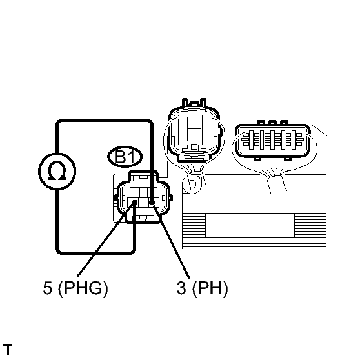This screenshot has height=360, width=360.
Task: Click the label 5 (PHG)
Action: [75, 288]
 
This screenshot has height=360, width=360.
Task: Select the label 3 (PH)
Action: [203, 288]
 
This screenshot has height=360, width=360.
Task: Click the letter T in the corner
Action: [8, 350]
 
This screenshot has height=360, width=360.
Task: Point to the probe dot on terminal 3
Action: [152, 203]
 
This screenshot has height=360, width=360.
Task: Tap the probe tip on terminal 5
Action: [135, 203]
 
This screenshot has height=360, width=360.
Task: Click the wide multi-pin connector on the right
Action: [272, 141]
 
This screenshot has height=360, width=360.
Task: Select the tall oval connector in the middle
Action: [194, 131]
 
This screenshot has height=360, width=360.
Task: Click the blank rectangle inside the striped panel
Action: [250, 225]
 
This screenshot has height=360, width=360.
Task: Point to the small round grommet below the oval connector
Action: [192, 184]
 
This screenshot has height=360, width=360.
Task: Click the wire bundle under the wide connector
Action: [275, 183]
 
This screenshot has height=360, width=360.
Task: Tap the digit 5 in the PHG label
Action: [48, 288]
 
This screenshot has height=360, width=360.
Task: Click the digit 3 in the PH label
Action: [181, 288]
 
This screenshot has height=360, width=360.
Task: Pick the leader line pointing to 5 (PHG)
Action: [106, 239]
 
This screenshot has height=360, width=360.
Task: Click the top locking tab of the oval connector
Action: [194, 103]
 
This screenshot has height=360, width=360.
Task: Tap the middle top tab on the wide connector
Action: [272, 123]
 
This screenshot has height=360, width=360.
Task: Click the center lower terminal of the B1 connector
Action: [143, 203]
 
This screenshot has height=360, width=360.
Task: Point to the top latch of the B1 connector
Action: [143, 176]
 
